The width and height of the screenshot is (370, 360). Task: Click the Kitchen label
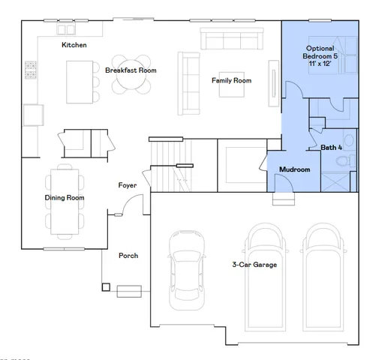point(74,45)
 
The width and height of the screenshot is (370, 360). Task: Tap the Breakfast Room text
point(131,70)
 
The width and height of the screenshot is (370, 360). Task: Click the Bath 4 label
point(331,148)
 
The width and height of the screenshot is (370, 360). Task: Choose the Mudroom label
point(294,169)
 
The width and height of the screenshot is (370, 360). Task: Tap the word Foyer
point(127,184)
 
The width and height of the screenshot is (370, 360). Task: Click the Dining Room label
point(64,198)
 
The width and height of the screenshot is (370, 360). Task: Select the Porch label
point(128,256)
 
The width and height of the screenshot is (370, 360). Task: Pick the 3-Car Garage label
point(254,264)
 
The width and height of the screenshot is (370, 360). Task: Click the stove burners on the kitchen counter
point(32,70)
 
